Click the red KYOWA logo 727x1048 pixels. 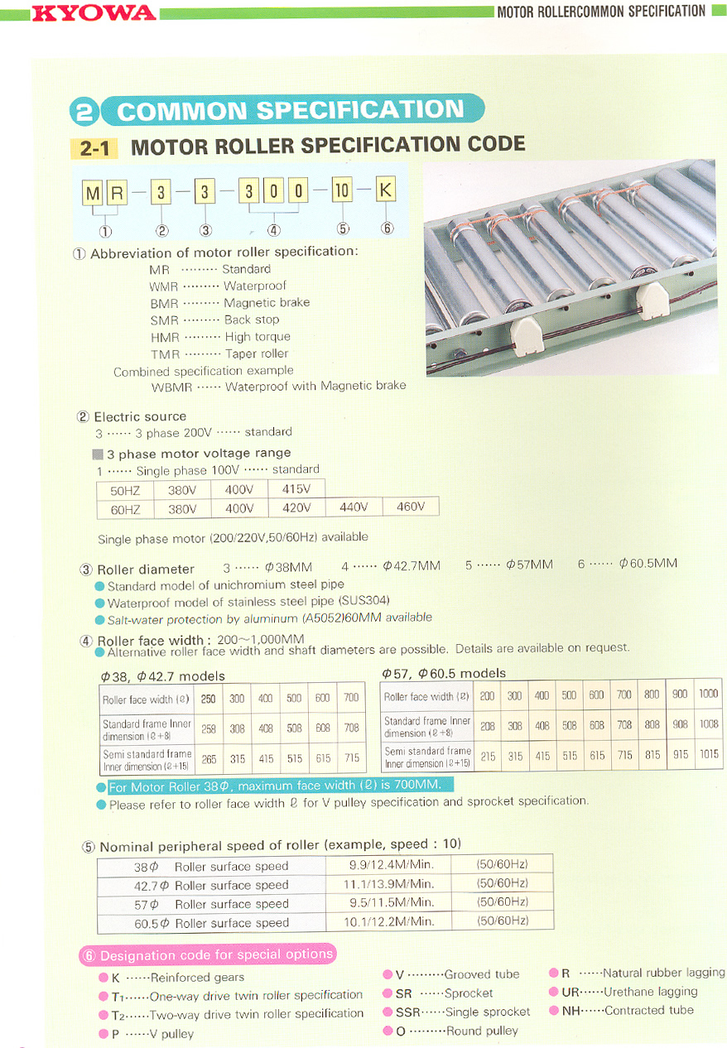click(94, 12)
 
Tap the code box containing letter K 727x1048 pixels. click(386, 192)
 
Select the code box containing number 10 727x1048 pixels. click(342, 192)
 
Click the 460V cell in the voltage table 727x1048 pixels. click(410, 507)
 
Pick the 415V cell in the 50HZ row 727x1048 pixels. click(296, 489)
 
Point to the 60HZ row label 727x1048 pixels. click(125, 508)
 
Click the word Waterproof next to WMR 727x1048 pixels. click(255, 286)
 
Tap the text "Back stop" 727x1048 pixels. click(252, 320)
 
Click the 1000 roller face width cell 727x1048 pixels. click(708, 695)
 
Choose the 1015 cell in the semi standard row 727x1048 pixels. click(708, 755)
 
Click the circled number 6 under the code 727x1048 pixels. click(387, 228)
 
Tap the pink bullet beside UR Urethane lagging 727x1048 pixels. click(553, 992)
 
